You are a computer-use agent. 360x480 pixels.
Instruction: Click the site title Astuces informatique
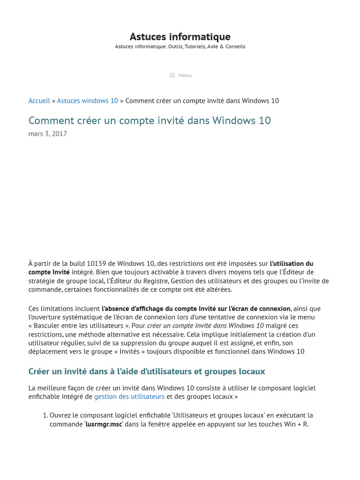[180, 37]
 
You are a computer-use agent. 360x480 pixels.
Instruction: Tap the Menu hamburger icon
[172, 75]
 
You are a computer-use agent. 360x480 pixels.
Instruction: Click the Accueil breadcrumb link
[39, 101]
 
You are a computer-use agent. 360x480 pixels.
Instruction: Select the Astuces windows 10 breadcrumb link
[88, 101]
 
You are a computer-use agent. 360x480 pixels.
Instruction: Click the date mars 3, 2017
[48, 134]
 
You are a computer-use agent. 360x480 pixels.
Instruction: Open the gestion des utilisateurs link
[129, 397]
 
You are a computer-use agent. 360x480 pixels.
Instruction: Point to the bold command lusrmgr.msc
[104, 424]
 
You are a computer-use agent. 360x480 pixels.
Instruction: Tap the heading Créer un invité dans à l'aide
[147, 371]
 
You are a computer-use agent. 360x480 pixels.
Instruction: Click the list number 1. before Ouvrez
[45, 415]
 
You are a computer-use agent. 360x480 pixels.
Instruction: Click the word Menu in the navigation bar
[185, 75]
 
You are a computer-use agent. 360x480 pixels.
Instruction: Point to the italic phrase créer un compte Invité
[205, 326]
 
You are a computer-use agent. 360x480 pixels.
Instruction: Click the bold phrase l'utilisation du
[292, 263]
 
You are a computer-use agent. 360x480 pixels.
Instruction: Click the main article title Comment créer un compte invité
[150, 120]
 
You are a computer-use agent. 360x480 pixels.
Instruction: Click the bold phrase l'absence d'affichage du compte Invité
[196, 308]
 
